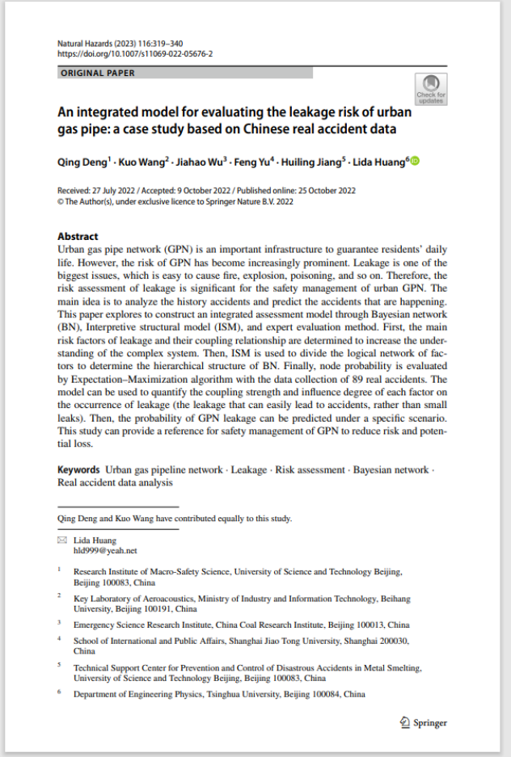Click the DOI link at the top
135,54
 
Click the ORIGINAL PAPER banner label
98,73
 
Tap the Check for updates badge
430,89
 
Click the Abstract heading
78,237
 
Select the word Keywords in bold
79,469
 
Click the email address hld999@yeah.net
95,549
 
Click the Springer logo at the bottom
424,722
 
